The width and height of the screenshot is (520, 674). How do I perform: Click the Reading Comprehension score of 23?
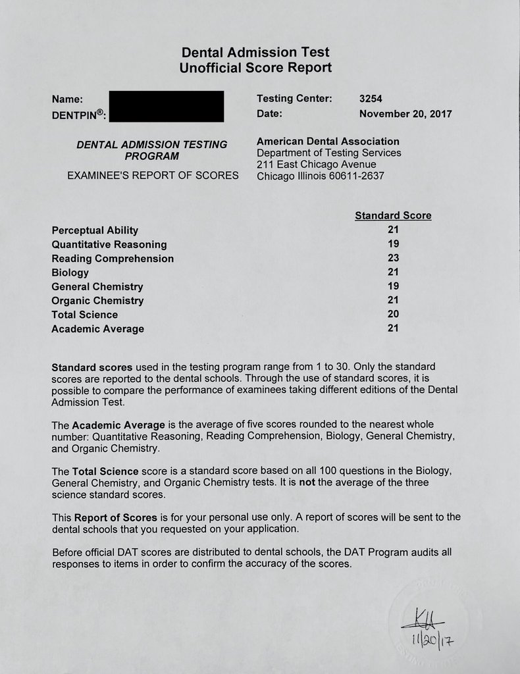394,258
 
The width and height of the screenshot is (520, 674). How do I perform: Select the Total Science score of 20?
394,314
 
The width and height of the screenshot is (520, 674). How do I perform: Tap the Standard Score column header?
393,215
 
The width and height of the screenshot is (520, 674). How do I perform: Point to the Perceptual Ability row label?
95,230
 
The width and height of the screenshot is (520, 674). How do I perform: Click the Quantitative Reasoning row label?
109,244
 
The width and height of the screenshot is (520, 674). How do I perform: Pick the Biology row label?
70,272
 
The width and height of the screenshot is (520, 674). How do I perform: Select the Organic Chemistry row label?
97,300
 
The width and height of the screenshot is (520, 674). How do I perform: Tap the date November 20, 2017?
405,113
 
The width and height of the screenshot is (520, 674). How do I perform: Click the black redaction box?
166,106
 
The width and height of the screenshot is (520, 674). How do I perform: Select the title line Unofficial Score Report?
255,67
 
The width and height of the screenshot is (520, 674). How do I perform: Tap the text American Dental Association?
328,141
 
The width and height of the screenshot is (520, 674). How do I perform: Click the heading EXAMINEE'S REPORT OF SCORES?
153,176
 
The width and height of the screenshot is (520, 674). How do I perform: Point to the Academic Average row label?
97,328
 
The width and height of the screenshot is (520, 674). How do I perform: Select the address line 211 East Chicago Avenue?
316,164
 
